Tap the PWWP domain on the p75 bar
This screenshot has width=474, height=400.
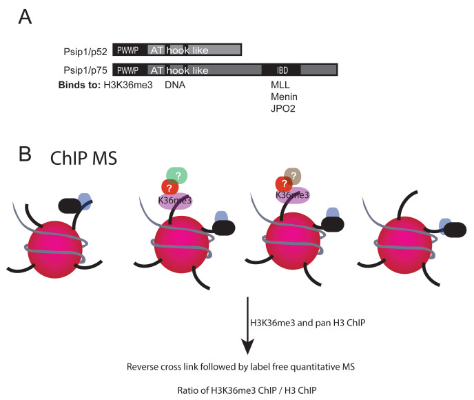click(x=128, y=70)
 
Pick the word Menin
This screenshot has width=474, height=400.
click(x=285, y=97)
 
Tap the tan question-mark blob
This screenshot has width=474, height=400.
click(x=294, y=177)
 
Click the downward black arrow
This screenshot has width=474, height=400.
click(x=249, y=323)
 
